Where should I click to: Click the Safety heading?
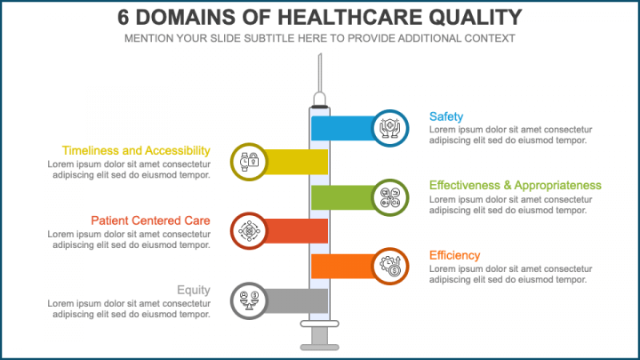(445, 116)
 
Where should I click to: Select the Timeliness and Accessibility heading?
(136, 151)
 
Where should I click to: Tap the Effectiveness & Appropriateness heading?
(515, 185)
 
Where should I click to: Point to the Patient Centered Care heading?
(150, 220)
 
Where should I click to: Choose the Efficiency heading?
(454, 255)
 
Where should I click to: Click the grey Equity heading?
(193, 290)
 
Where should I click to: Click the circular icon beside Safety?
(391, 128)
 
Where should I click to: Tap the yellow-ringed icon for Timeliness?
(249, 162)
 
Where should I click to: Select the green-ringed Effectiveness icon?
(391, 196)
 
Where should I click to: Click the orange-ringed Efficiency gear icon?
(391, 266)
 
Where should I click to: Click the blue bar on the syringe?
(342, 128)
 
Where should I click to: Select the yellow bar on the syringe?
(298, 162)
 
